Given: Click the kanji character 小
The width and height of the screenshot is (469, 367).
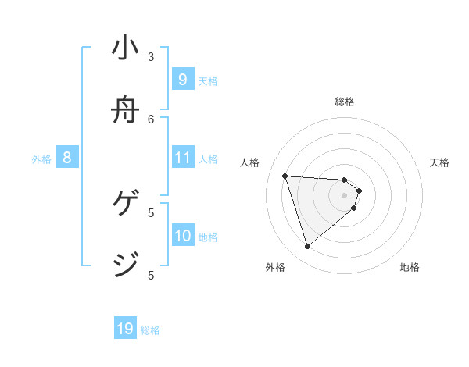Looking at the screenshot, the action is tap(125, 48).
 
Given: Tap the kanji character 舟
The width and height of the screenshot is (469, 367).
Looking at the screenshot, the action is tap(125, 111).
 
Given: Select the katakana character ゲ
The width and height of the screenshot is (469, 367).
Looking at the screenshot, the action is tap(125, 205).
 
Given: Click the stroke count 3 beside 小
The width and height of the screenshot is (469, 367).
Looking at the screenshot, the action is tap(151, 56).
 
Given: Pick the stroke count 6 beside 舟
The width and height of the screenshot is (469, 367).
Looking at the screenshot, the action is tap(151, 119).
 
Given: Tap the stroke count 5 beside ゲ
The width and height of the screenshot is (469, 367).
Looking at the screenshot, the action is tap(151, 212).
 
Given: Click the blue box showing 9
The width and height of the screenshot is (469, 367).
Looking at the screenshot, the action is tap(182, 80).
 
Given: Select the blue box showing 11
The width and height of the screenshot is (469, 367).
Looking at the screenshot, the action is tap(182, 158).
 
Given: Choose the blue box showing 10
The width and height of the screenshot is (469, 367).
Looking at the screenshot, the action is tap(182, 236).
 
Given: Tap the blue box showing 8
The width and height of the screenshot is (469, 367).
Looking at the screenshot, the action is tap(67, 158).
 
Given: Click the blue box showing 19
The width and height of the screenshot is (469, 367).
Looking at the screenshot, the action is tap(125, 329).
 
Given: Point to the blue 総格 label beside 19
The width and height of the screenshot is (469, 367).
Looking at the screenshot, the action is tap(150, 330).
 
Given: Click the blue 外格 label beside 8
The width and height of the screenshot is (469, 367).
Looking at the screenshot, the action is tap(41, 159).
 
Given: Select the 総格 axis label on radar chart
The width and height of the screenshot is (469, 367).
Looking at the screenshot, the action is tap(345, 102).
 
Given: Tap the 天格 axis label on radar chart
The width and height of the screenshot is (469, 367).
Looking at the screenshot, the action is tap(440, 162).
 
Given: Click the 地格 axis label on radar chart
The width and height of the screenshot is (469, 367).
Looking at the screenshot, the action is tap(410, 267).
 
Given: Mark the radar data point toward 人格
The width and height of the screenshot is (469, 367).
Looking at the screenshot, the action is tap(285, 176).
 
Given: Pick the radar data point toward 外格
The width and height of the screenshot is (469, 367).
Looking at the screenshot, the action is tap(307, 247).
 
